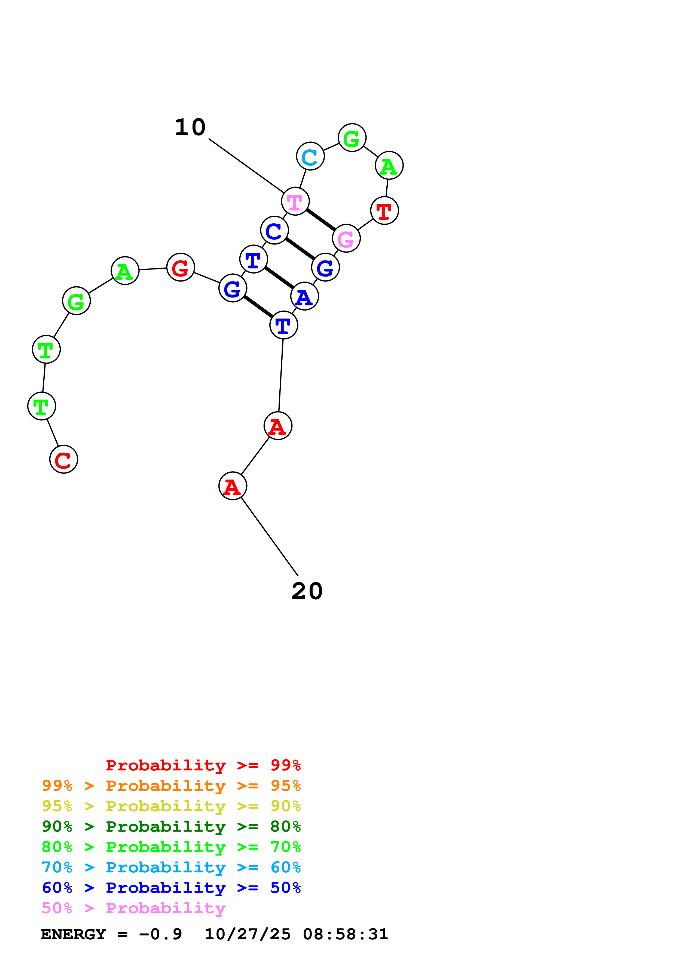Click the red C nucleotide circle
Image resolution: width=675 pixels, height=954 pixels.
pyautogui.click(x=64, y=459)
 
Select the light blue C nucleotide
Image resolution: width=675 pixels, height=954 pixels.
pyautogui.click(x=310, y=156)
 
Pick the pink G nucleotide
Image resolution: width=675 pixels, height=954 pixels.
pyautogui.click(x=346, y=238)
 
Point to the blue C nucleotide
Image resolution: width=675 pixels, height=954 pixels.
pyautogui.click(x=274, y=230)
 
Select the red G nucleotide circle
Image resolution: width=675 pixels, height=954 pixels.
pyautogui.click(x=181, y=267)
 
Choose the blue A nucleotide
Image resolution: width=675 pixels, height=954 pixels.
pyautogui.click(x=304, y=296)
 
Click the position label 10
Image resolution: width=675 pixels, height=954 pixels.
pyautogui.click(x=190, y=127)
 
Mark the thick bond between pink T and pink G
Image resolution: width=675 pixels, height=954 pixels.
pyautogui.click(x=321, y=220)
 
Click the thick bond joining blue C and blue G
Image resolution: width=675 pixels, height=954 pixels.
pyautogui.click(x=300, y=249)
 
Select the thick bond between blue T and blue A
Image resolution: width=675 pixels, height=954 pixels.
pyautogui.click(x=279, y=278)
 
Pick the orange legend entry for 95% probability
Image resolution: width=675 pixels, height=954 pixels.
pyautogui.click(x=171, y=786)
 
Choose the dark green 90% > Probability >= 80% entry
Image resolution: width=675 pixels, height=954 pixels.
pyautogui.click(x=171, y=826)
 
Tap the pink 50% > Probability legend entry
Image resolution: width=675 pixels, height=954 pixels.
pyautogui.click(x=133, y=908)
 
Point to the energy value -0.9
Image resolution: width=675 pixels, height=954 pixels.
pyautogui.click(x=161, y=934)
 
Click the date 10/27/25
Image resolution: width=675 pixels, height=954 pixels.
pyautogui.click(x=248, y=934)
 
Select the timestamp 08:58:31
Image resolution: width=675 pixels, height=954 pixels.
pyautogui.click(x=345, y=934)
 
